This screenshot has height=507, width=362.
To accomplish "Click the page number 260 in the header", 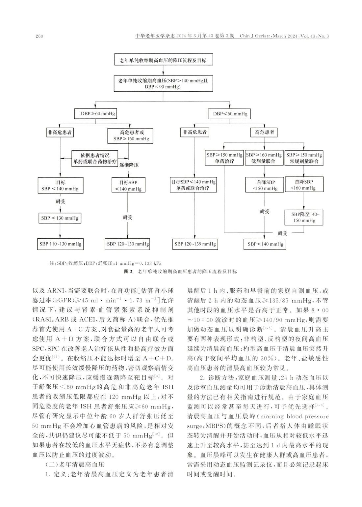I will (39, 36).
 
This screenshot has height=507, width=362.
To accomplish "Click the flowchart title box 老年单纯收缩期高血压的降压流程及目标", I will (163, 61).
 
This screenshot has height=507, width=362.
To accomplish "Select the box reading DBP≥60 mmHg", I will (95, 114).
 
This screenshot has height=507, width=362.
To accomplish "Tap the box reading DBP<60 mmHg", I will (230, 114).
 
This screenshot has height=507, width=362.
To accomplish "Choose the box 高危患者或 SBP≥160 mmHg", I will (129, 135).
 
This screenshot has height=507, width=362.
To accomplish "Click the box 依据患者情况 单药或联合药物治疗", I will (95, 158).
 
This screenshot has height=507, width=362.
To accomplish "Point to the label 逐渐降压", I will (129, 164).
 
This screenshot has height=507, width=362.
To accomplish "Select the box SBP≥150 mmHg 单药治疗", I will (224, 158).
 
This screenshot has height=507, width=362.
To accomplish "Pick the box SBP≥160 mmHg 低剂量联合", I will (264, 158).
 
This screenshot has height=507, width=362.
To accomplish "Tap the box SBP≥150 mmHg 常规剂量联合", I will (304, 158).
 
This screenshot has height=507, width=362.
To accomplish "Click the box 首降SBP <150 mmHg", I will (265, 185).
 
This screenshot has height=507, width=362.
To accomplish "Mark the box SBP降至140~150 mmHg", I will (304, 217).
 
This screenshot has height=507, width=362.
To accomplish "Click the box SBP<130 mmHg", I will (60, 218).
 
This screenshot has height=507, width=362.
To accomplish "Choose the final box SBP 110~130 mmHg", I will (60, 244).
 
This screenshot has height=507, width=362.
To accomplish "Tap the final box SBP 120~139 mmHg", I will (195, 244).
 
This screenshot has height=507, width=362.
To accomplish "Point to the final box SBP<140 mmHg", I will (265, 244).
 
